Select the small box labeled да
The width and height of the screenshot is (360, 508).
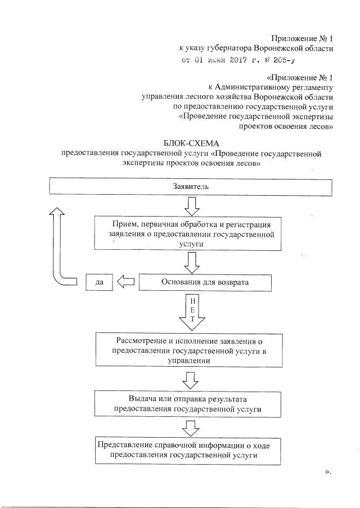tap(100, 282)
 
